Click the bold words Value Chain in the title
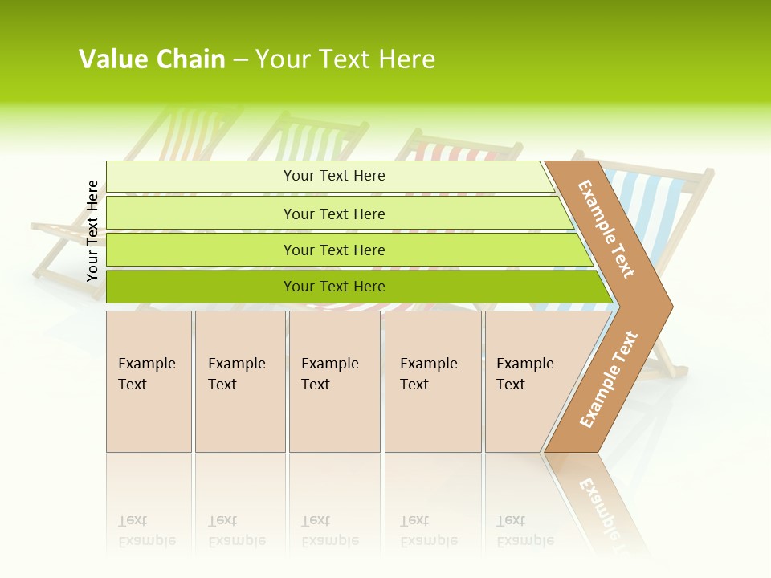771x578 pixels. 152,59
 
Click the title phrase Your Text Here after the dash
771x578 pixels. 345,59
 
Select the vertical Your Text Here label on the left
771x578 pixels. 92,230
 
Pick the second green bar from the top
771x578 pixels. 333,214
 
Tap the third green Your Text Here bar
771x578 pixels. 333,250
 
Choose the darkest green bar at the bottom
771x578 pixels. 333,287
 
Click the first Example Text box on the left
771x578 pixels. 149,381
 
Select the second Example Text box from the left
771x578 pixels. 239,381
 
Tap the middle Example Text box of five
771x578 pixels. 333,381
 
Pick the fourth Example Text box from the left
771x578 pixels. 432,381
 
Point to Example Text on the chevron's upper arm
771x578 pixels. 606,229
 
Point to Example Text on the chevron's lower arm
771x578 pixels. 608,379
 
